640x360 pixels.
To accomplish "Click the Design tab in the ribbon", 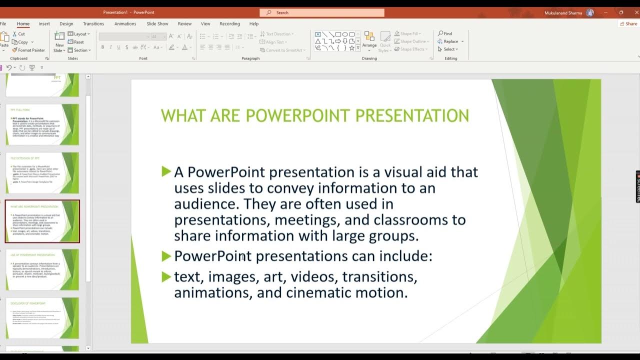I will (x=66, y=23).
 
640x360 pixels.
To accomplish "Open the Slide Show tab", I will (x=157, y=23).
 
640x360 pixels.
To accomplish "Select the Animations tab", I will (x=125, y=23).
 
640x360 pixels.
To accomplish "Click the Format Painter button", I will (x=28, y=50).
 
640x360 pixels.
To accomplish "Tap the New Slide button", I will (x=59, y=42).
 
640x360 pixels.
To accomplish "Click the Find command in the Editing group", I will (x=445, y=33).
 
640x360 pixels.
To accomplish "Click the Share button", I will (x=628, y=23).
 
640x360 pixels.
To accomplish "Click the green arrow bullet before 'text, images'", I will (x=166, y=276).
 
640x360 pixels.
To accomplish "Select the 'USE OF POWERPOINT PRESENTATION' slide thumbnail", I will (x=42, y=269).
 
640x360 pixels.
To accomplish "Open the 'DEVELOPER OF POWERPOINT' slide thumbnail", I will (x=42, y=318).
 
